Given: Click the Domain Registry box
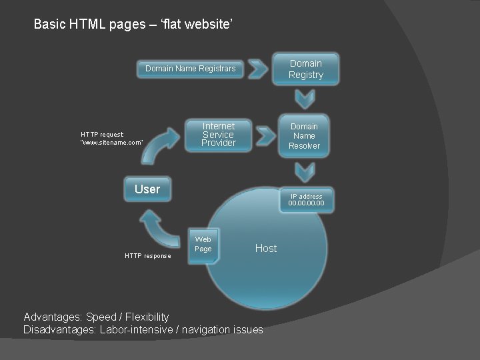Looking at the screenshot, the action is [x=305, y=69].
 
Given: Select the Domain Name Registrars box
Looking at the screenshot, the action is [x=191, y=69].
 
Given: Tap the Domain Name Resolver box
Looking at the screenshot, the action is [x=304, y=136].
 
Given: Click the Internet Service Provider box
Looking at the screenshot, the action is [x=219, y=135].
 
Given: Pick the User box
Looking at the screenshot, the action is [x=147, y=189].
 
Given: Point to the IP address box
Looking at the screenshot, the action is [x=306, y=200].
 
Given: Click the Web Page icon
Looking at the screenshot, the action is [x=203, y=245].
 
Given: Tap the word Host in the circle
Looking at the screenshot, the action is [x=265, y=248].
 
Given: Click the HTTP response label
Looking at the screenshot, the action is [x=148, y=256].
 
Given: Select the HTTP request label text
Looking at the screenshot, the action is [x=111, y=139].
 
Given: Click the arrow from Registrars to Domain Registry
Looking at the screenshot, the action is [x=260, y=69].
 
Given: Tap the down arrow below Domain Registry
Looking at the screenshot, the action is [x=305, y=99].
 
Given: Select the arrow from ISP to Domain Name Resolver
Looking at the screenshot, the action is [x=265, y=135].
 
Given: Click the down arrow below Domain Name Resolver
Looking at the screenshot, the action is [x=305, y=172].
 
